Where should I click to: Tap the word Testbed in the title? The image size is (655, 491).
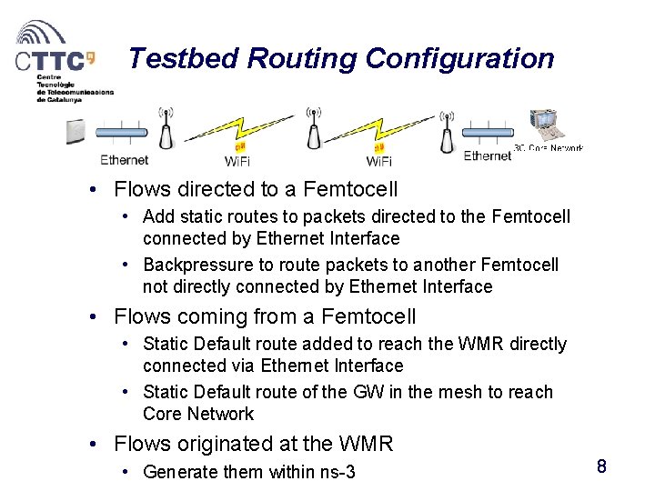(x=185, y=58)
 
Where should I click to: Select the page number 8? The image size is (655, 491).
(x=601, y=467)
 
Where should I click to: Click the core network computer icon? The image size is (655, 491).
(x=549, y=126)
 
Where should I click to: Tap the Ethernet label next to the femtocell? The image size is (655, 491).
(x=124, y=160)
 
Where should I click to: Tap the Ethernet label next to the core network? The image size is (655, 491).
(x=488, y=156)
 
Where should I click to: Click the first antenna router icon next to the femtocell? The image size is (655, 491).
(x=166, y=130)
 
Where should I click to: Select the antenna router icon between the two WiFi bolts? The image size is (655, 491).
(x=312, y=130)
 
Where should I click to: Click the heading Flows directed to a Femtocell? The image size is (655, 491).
(x=256, y=189)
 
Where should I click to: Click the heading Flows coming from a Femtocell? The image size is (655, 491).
(x=265, y=316)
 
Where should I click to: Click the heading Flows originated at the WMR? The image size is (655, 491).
(x=253, y=444)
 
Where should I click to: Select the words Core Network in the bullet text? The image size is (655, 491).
(x=197, y=414)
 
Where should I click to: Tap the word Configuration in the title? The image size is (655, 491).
(x=459, y=58)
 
